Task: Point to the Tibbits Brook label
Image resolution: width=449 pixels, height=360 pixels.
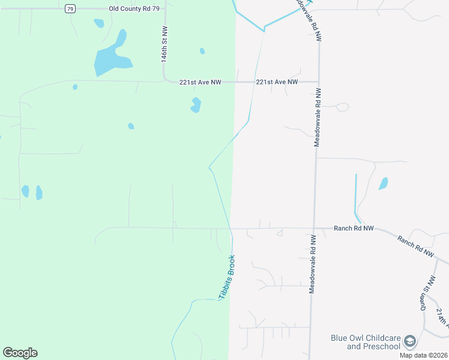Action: [x=227, y=277]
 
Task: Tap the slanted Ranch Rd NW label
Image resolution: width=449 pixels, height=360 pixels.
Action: [x=415, y=246]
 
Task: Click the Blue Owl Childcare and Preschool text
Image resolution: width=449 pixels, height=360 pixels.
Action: [x=365, y=342]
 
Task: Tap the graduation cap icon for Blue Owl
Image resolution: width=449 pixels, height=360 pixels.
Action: [x=410, y=341]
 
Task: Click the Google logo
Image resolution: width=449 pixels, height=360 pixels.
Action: [x=20, y=353]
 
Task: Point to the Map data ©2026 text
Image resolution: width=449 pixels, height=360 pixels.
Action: [x=423, y=355]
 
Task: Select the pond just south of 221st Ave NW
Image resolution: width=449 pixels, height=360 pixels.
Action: [x=196, y=105]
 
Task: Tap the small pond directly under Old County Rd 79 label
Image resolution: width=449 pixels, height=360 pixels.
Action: [x=99, y=23]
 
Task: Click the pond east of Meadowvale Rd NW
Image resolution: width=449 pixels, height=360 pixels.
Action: [x=383, y=183]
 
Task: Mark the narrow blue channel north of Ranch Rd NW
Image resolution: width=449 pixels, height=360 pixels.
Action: [x=356, y=195]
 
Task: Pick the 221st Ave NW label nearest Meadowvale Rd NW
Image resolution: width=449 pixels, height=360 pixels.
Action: [x=277, y=82]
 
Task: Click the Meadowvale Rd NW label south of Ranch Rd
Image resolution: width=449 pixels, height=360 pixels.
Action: [x=312, y=263]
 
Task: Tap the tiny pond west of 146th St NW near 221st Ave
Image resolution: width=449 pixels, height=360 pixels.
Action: [x=75, y=87]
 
